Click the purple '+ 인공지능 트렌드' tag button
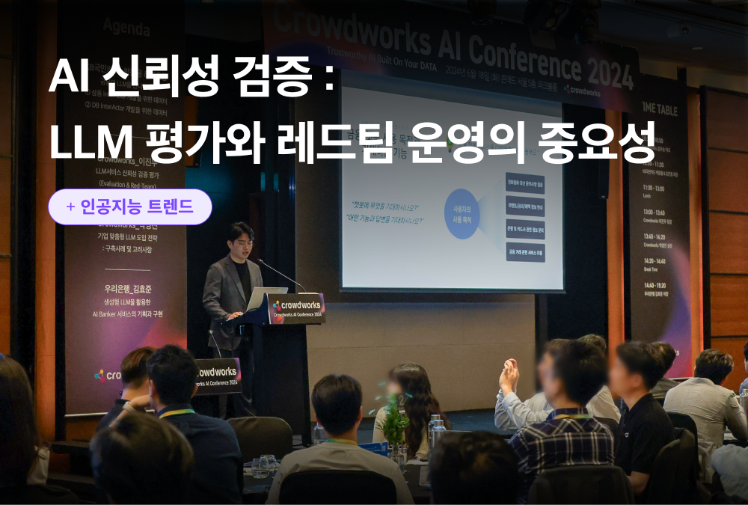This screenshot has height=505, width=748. [130, 207]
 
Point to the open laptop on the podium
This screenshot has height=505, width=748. [266, 299]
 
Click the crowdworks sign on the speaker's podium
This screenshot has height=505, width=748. [296, 307]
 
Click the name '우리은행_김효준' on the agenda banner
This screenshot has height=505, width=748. [123, 287]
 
